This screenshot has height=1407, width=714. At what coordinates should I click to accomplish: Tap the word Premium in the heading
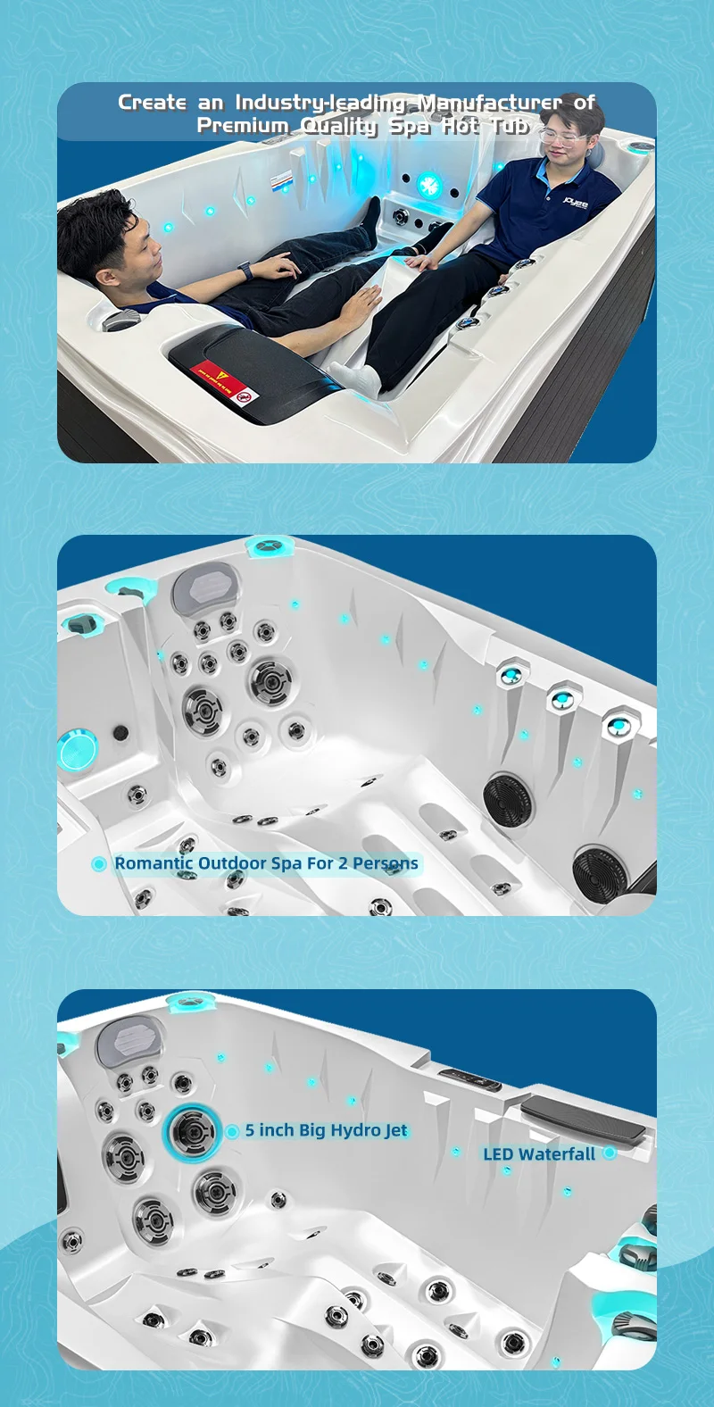click(x=242, y=126)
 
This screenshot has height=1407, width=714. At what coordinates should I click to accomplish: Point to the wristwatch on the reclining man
click(x=245, y=269)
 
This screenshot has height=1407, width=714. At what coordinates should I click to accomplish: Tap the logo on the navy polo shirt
click(x=577, y=204)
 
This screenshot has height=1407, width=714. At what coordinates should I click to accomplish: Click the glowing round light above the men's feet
click(x=430, y=186)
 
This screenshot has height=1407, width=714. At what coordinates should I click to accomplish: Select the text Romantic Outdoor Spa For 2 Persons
click(x=266, y=863)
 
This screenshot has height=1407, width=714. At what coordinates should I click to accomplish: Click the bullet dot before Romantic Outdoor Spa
click(x=99, y=864)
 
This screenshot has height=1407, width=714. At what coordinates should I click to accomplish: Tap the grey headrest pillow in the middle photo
click(x=205, y=587)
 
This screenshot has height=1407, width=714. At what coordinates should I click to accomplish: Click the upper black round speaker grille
click(x=508, y=797)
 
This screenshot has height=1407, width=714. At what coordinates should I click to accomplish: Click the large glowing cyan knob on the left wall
click(x=77, y=750)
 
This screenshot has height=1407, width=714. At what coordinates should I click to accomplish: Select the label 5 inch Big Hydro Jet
click(x=327, y=1130)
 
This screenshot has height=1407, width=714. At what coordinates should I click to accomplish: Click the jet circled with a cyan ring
click(x=192, y=1132)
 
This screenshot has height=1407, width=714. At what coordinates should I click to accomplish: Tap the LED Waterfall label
click(x=539, y=1154)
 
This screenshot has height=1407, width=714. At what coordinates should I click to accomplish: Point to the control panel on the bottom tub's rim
click(x=469, y=1078)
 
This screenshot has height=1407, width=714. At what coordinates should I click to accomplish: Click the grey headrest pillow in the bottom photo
click(x=129, y=1040)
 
